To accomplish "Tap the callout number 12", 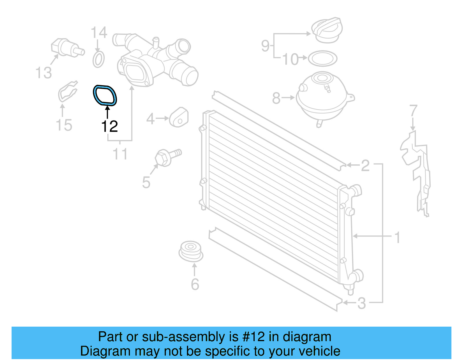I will point(109,127).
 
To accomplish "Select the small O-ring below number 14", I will point(99,60).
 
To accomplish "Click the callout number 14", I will point(99,33).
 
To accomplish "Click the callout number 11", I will point(120,154).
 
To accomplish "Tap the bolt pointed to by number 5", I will point(167,157).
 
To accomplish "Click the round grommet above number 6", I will point(191,251).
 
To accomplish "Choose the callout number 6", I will point(195,284).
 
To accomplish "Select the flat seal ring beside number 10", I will point(322,59).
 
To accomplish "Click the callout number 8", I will point(276,98).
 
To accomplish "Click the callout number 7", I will point(413,111).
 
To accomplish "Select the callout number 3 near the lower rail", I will point(361,303).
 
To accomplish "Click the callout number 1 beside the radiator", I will point(397,237).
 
